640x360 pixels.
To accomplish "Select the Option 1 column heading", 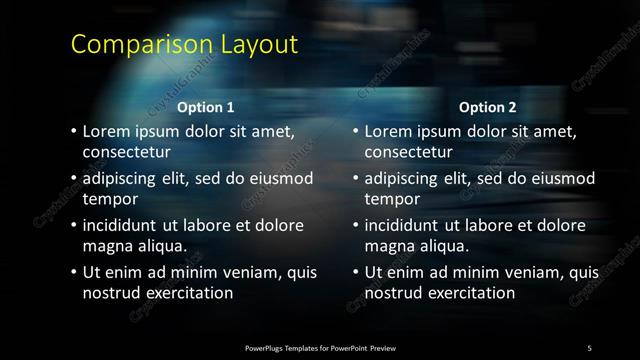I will pyautogui.click(x=206, y=107).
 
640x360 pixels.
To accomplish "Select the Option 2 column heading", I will pyautogui.click(x=487, y=107).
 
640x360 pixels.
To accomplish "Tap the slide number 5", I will pyautogui.click(x=589, y=348).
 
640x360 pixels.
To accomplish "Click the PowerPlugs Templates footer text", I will pyautogui.click(x=320, y=348).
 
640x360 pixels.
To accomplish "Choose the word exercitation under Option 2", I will pyautogui.click(x=466, y=293).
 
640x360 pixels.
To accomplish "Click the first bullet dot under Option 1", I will pyautogui.click(x=73, y=131).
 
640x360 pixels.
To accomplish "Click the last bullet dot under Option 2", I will pyautogui.click(x=355, y=273).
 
